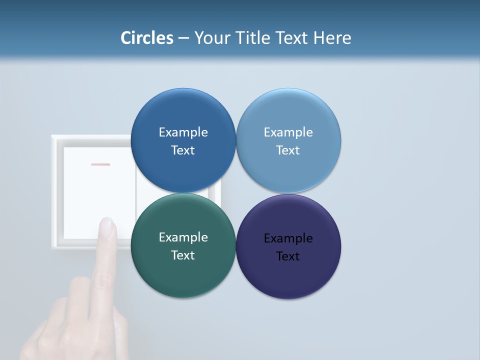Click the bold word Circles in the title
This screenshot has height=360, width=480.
(x=147, y=38)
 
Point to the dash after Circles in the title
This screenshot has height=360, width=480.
(x=183, y=38)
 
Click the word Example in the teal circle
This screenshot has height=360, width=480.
(x=183, y=237)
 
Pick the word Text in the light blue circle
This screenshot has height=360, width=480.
(x=288, y=150)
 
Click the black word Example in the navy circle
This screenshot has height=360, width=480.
(x=288, y=238)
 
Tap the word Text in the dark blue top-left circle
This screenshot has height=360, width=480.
(x=183, y=150)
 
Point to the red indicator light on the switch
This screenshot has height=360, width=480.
(x=100, y=164)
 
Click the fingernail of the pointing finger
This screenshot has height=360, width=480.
(x=106, y=226)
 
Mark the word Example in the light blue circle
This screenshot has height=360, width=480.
(x=288, y=132)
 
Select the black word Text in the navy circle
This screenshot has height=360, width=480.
(x=288, y=256)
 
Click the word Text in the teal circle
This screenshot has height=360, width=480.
(x=183, y=255)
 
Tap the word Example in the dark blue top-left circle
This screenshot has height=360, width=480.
(x=183, y=132)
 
